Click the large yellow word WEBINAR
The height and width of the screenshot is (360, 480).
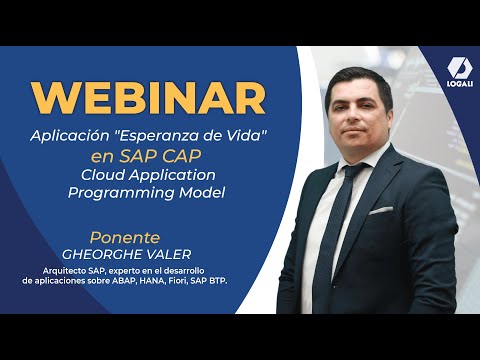coord(148,97)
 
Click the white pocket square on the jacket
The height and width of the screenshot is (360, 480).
coord(381,210)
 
